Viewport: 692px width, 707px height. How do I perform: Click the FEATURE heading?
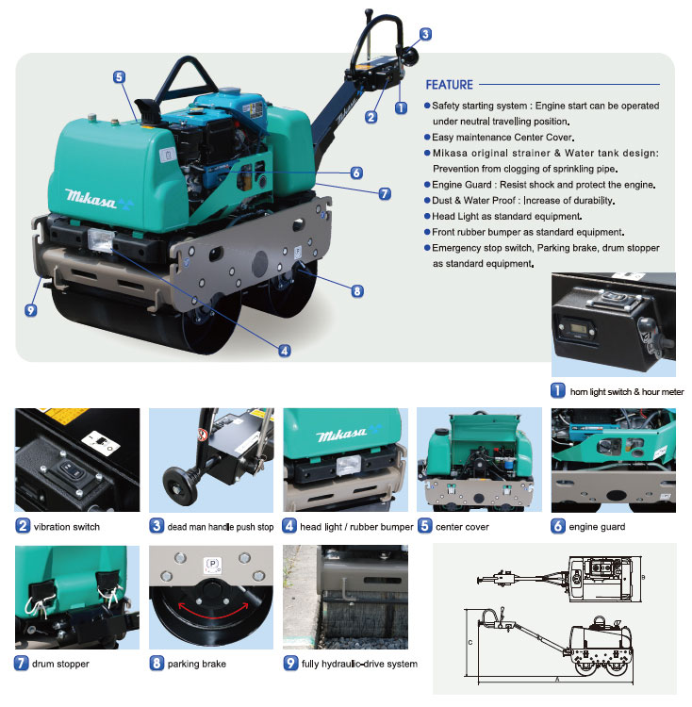449,85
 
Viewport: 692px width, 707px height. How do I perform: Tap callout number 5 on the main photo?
119,77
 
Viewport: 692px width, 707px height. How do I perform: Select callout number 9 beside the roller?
31,310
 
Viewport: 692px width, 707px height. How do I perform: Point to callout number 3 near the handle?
425,34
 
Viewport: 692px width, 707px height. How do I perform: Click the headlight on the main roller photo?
100,239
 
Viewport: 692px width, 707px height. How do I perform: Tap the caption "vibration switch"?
67,527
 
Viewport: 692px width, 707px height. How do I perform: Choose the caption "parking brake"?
196,664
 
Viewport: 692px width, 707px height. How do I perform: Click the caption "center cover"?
462,527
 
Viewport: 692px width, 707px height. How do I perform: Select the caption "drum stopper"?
60,664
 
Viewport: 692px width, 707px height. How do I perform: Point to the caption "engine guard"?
597,527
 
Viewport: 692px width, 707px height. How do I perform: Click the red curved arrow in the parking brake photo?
213,614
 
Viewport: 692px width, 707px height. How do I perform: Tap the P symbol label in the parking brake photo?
212,565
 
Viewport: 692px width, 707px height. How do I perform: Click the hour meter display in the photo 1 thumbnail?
578,328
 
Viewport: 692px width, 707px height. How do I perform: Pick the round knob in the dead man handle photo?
180,485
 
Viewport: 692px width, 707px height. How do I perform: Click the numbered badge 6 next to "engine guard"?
558,526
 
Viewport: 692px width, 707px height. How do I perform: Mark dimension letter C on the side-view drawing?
470,642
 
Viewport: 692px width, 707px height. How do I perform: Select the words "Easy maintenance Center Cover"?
503,138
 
